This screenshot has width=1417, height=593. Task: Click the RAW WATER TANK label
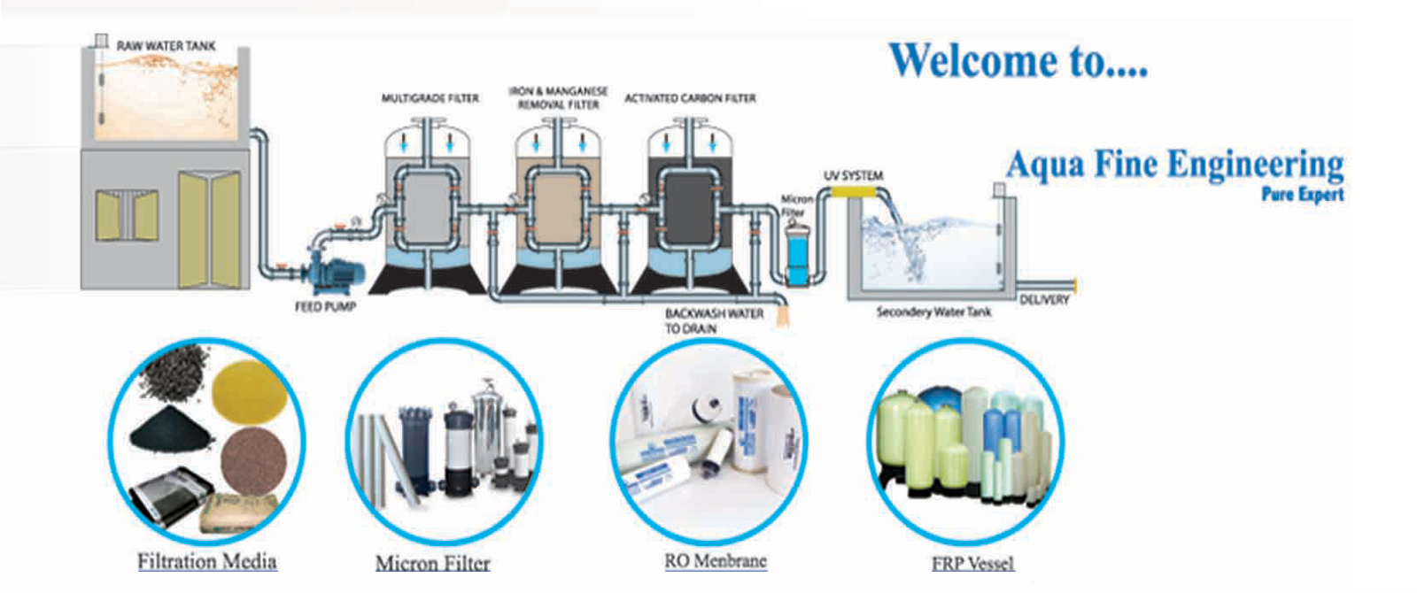166,46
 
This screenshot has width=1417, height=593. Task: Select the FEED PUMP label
325,307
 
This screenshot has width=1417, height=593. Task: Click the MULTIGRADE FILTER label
430,98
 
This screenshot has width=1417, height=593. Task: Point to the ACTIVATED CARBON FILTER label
690,98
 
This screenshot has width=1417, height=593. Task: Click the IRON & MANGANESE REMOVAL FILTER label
558,97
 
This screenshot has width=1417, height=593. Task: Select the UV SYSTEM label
853,175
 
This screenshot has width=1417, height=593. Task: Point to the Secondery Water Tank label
933,312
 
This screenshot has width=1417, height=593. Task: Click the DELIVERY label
1044,300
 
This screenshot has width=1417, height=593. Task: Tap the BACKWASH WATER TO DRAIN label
714,320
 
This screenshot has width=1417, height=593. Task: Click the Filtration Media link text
206,561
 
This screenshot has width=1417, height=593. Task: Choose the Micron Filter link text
432,563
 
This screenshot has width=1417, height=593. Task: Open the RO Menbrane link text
716,560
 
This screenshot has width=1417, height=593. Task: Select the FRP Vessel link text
972,564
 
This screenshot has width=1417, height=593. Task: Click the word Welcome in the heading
972,61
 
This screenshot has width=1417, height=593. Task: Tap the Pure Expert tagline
1302,195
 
